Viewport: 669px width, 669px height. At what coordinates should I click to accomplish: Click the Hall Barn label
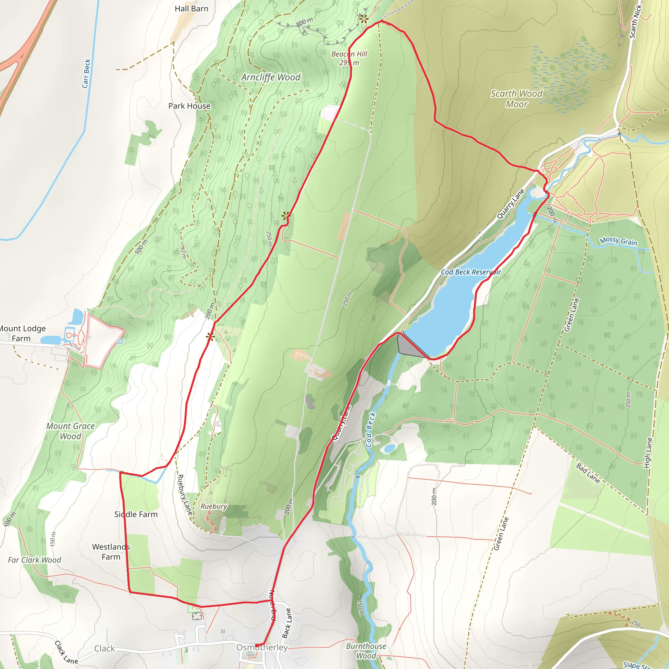click(191, 9)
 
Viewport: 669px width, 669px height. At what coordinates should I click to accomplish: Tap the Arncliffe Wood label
click(271, 77)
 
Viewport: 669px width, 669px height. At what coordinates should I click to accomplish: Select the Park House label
click(189, 106)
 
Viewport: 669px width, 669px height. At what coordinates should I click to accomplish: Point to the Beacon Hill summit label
click(349, 58)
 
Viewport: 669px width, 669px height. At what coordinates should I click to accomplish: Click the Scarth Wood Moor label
click(516, 99)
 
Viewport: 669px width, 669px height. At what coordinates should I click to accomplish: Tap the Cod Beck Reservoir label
click(471, 272)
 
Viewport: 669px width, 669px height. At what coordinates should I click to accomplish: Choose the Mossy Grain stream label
click(618, 241)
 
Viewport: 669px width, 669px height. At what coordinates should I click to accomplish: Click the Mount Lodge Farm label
click(22, 333)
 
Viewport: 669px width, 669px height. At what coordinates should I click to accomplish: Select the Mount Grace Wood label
click(71, 431)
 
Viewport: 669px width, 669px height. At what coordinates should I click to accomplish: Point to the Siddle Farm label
click(136, 514)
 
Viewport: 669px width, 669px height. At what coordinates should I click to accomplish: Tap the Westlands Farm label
click(111, 552)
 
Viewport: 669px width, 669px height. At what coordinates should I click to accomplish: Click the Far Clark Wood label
click(35, 560)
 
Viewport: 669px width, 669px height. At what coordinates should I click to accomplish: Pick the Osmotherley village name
click(262, 647)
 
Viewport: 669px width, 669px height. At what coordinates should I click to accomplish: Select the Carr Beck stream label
click(87, 73)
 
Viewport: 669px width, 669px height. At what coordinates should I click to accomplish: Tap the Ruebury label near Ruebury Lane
click(214, 506)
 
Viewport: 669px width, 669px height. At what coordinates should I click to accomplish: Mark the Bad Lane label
click(588, 473)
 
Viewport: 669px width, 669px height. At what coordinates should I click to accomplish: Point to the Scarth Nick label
click(635, 22)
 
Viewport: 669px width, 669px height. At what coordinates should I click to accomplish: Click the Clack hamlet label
click(104, 648)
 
